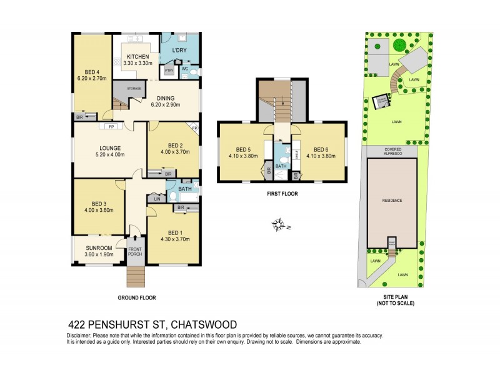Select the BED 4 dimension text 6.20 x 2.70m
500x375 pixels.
(91, 79)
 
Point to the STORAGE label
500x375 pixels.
(134, 89)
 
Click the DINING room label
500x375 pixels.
(166, 97)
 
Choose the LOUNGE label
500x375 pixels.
(107, 148)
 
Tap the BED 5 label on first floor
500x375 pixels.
(240, 149)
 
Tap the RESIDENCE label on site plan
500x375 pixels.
(392, 200)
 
